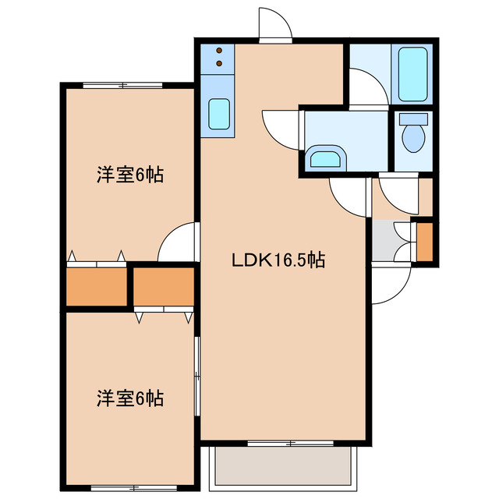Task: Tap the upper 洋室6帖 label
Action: tap(129, 175)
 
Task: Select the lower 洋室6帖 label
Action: tap(129, 398)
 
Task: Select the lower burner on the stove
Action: tap(218, 62)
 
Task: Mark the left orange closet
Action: tap(96, 287)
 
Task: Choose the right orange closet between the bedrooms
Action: tap(163, 285)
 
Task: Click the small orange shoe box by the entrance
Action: tap(426, 241)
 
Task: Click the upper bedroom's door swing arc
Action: tap(176, 242)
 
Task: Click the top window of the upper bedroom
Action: tap(122, 83)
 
